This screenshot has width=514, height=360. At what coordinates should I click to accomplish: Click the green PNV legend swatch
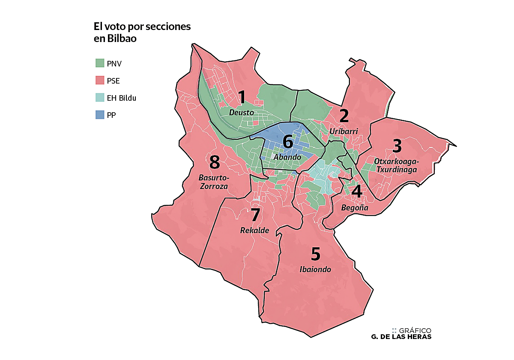tap(99, 63)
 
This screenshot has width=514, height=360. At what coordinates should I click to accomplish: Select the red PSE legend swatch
tap(99, 81)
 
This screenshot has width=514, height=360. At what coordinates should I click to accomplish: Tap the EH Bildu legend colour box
tap(99, 98)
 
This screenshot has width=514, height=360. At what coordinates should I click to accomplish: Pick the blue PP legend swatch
tap(99, 115)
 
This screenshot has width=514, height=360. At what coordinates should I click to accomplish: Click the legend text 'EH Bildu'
tap(121, 98)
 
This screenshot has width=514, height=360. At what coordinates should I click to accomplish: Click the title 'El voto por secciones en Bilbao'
tap(142, 32)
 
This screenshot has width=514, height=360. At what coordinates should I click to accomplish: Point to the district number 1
tap(242, 98)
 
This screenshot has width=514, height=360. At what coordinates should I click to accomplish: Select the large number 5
tap(315, 255)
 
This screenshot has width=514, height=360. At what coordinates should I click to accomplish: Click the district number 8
tap(214, 162)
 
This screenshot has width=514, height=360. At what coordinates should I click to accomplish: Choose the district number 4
tap(357, 192)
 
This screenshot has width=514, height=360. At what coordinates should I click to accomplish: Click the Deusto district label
tap(242, 113)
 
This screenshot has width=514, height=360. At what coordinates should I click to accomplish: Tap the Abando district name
tap(287, 157)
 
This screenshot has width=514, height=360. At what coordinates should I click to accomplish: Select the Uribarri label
tap(344, 131)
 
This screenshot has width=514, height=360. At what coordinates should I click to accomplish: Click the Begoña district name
tap(355, 208)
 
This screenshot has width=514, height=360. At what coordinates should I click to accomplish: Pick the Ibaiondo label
tap(315, 270)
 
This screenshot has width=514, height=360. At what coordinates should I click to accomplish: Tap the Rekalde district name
tap(254, 231)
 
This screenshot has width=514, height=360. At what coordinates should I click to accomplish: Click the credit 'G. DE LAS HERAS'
tap(401, 337)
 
